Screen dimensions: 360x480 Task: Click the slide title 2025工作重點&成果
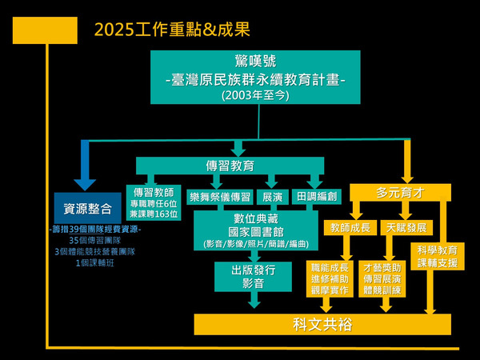(171, 30)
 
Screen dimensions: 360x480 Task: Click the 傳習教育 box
(230, 166)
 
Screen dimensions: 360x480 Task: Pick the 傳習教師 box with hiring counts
(154, 203)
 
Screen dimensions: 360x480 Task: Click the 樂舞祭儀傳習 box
(219, 196)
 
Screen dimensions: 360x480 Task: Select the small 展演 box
(272, 196)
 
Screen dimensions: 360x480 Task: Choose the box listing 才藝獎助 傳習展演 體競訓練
(384, 278)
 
